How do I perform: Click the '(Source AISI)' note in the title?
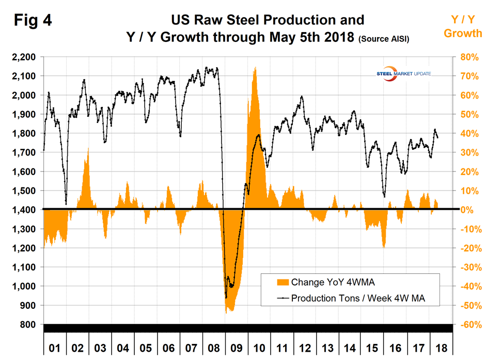pyautogui.click(x=384, y=39)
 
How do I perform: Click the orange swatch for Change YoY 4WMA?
pyautogui.click(x=283, y=282)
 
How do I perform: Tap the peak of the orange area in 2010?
pyautogui.click(x=255, y=67)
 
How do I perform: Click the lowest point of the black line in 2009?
pyautogui.click(x=226, y=297)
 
